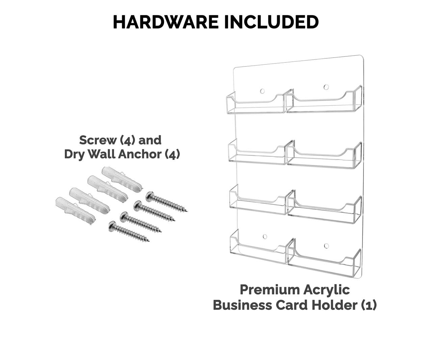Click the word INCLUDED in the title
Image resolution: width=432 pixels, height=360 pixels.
271,22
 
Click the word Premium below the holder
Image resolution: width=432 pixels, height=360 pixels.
270,290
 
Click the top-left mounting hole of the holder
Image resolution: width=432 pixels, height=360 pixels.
262,91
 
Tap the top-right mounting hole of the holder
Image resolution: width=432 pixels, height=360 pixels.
326,87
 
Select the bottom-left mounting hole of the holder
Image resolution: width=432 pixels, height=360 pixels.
265,237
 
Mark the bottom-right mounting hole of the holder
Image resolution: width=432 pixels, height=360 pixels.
326,245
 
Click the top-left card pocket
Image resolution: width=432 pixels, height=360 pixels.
255,104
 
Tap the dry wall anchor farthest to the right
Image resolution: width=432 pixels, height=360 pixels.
122,179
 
